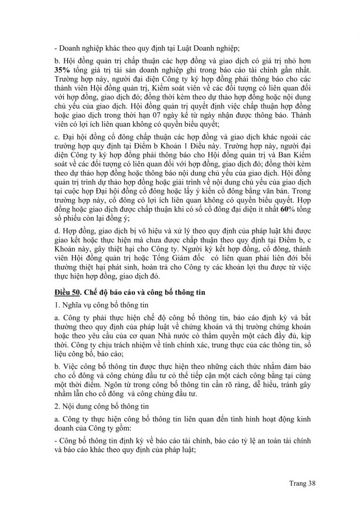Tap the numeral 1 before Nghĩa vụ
(56, 303)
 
